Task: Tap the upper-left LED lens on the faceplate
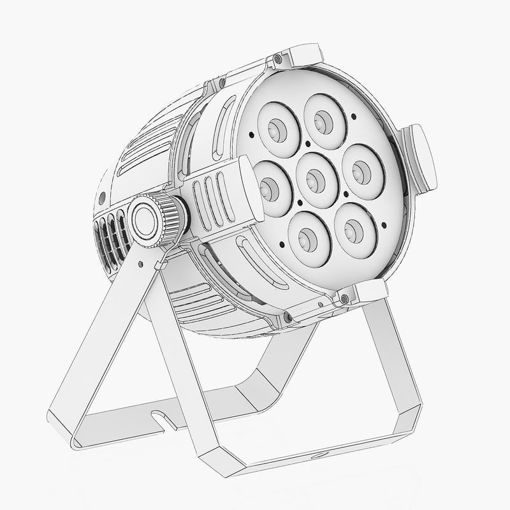(x=278, y=126)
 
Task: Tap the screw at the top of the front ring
(x=277, y=59)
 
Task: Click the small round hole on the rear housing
(x=102, y=196)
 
